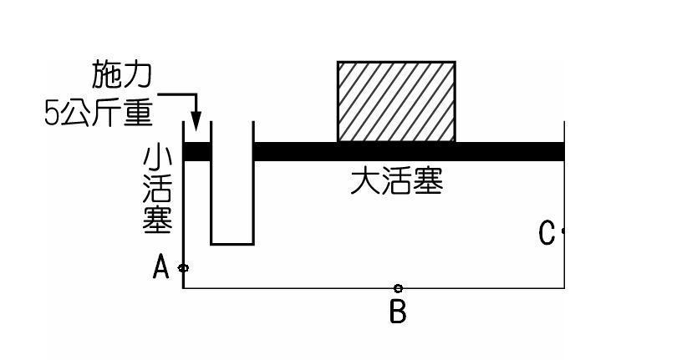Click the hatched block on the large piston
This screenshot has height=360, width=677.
[x=396, y=101]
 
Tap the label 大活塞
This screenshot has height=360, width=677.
[x=395, y=180]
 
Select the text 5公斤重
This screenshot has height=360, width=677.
[x=99, y=113]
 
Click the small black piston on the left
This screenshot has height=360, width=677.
[x=196, y=152]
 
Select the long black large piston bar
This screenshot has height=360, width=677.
[x=409, y=151]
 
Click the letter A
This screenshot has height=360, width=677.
[x=162, y=267]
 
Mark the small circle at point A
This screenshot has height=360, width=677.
[x=184, y=268]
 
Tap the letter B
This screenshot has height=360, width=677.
[x=398, y=312]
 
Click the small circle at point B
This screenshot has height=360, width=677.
[x=398, y=288]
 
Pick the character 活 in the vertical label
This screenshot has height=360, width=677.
[x=159, y=190]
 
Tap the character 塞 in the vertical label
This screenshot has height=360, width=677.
[x=159, y=221]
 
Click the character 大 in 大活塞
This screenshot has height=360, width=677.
[x=364, y=180]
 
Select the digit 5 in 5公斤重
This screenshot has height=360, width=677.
[x=51, y=114]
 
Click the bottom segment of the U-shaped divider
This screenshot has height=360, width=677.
[x=232, y=244]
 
